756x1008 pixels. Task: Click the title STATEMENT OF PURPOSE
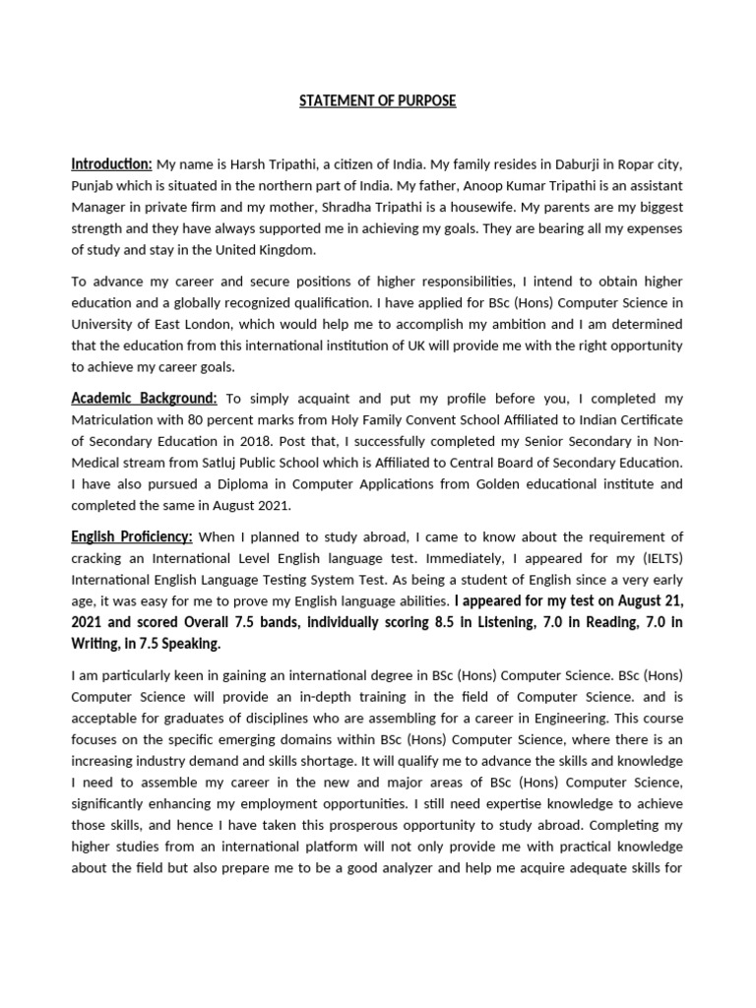click(378, 101)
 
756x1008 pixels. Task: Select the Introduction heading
click(111, 163)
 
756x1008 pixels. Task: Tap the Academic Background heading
click(144, 398)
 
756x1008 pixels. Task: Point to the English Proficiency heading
click(132, 536)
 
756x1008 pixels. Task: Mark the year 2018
click(266, 441)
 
